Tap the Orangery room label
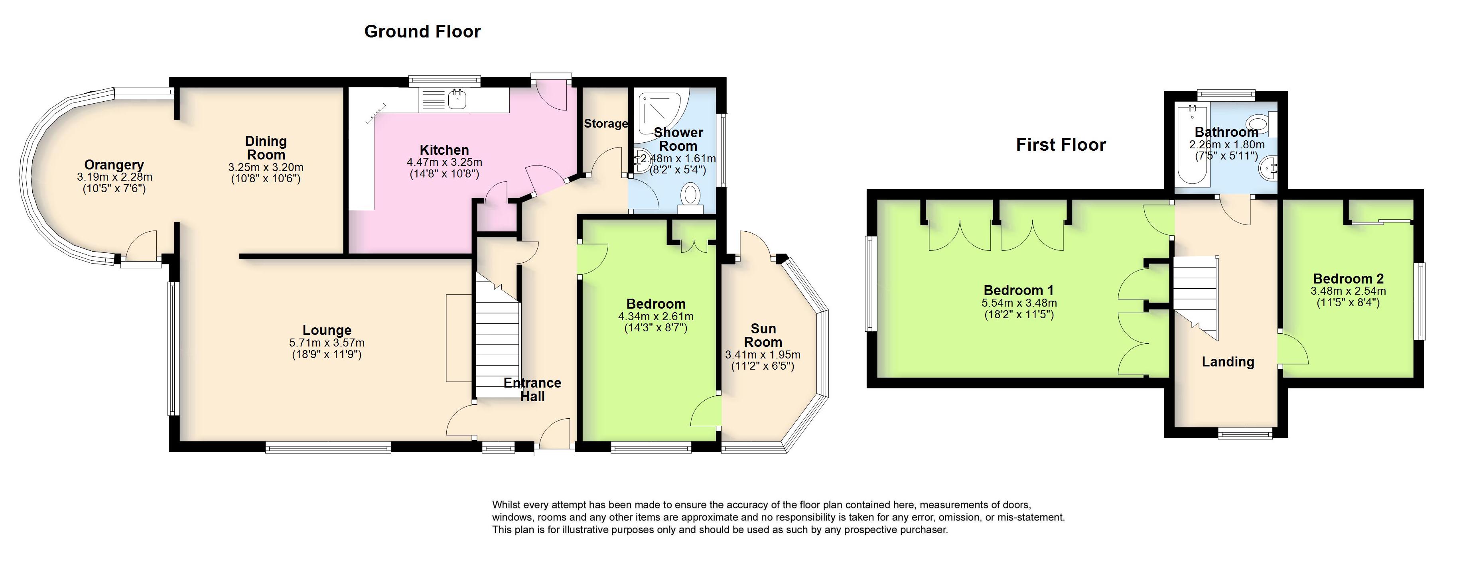coord(114,165)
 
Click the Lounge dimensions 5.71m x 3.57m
coord(327,343)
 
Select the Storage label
coord(605,124)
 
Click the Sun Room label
coord(763,335)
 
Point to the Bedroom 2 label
coord(1348,279)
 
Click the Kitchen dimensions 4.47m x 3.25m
coord(444,162)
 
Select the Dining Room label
coord(266,148)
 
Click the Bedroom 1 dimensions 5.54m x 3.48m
coord(1019,303)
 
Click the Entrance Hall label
coord(532,389)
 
